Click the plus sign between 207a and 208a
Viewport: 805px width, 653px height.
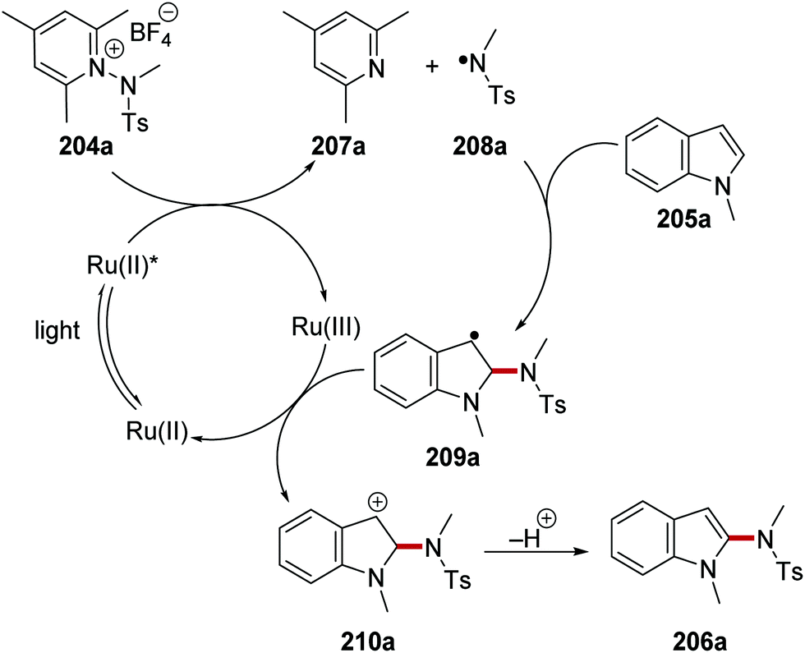click(x=434, y=68)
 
